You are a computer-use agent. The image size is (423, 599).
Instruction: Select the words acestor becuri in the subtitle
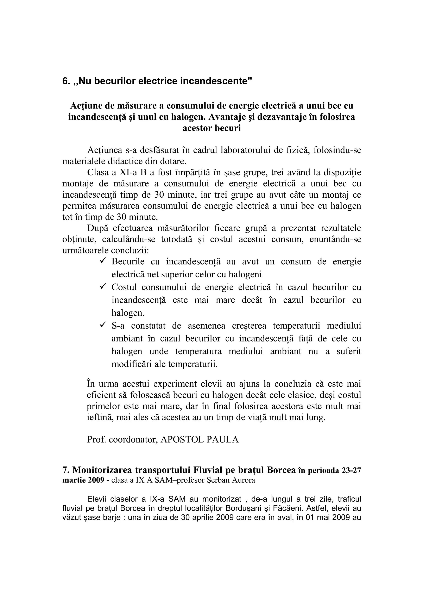[x=211, y=128]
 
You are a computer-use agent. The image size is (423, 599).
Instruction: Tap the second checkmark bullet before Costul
[x=103, y=286]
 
